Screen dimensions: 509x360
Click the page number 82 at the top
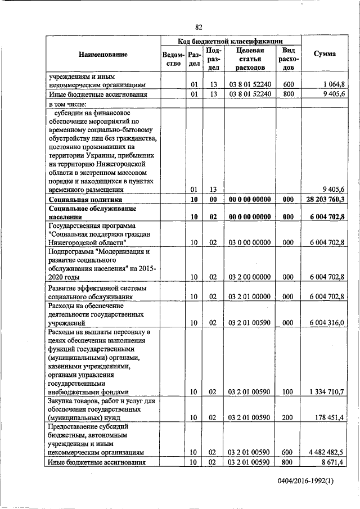click(x=199, y=27)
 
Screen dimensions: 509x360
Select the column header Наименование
click(x=103, y=54)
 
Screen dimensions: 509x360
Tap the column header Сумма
click(x=325, y=54)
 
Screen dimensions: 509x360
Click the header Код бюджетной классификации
click(x=230, y=41)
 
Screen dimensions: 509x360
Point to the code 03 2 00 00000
click(x=250, y=277)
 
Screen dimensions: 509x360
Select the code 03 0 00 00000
click(x=250, y=242)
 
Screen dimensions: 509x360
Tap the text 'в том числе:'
click(x=69, y=104)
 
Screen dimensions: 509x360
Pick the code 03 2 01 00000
click(x=250, y=296)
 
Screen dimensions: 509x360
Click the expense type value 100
click(x=289, y=391)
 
